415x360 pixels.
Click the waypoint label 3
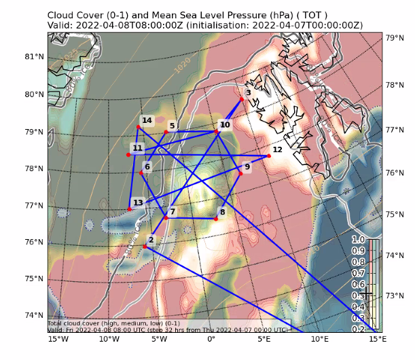click(248, 93)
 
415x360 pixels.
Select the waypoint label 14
click(147, 120)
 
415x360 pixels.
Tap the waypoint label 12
click(277, 149)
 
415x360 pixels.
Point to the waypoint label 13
click(138, 202)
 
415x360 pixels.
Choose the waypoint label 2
click(151, 239)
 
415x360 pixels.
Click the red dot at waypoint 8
click(216, 219)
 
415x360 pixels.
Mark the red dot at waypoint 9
click(240, 173)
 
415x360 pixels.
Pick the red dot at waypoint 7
click(165, 217)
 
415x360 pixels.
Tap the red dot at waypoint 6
click(141, 173)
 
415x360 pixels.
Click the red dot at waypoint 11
click(128, 155)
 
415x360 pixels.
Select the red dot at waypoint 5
click(166, 132)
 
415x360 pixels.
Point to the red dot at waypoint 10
click(217, 131)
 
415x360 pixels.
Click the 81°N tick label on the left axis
click(34, 57)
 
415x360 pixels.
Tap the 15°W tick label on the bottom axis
click(58, 338)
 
